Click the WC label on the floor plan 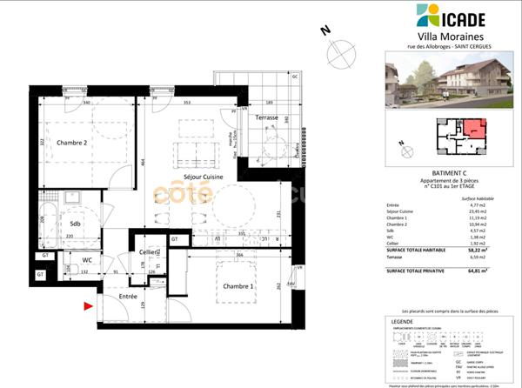pos(87,260)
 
